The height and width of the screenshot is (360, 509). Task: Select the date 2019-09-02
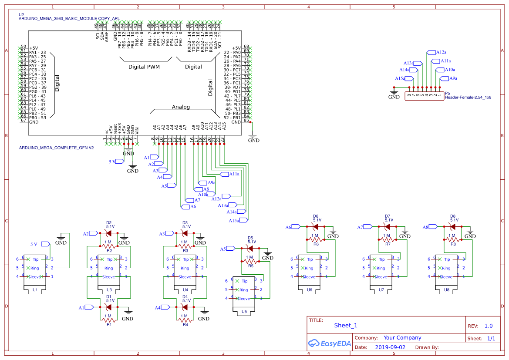point(390,347)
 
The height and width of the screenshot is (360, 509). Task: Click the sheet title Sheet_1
point(346,325)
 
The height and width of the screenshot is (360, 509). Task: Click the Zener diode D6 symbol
point(316,226)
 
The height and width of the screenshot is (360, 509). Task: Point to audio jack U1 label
point(35,289)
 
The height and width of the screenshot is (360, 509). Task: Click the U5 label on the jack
point(244,311)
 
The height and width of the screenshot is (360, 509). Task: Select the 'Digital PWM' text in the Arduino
point(144,67)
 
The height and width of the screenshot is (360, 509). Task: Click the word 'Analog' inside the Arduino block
point(181,107)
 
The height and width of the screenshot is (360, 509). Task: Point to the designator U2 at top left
point(21,14)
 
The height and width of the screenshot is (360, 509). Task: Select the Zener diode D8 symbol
point(453,226)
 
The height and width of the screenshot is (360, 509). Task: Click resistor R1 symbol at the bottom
point(109,320)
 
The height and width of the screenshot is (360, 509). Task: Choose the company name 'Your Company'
point(402,337)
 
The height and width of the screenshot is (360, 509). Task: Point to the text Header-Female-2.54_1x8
point(468,98)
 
